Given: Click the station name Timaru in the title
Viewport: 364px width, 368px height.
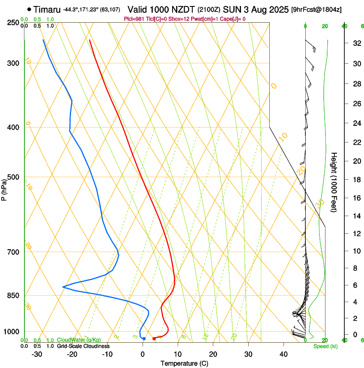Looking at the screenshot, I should (47, 9).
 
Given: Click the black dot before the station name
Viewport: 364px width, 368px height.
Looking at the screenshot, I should (29, 9).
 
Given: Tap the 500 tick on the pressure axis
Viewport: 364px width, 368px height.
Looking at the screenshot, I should (13, 177).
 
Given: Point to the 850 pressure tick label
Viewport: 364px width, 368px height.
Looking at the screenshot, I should (13, 296).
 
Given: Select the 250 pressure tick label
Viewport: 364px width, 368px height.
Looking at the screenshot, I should (13, 22).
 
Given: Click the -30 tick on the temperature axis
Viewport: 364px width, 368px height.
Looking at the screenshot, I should (37, 354).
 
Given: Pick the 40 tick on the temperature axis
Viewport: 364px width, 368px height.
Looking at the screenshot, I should (283, 354).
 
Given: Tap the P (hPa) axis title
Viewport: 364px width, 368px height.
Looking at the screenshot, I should (4, 189).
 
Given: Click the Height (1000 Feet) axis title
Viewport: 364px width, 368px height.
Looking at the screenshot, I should (334, 182).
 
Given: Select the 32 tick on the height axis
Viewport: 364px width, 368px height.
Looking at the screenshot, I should (355, 43).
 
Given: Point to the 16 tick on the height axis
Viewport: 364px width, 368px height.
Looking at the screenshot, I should (355, 198).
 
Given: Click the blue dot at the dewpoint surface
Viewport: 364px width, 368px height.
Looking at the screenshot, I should (144, 338).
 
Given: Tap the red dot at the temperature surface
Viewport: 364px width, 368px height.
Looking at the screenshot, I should (154, 338).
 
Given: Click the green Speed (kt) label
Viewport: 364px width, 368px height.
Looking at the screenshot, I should (325, 346).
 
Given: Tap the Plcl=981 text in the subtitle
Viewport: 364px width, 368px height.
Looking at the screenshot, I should (134, 19).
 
